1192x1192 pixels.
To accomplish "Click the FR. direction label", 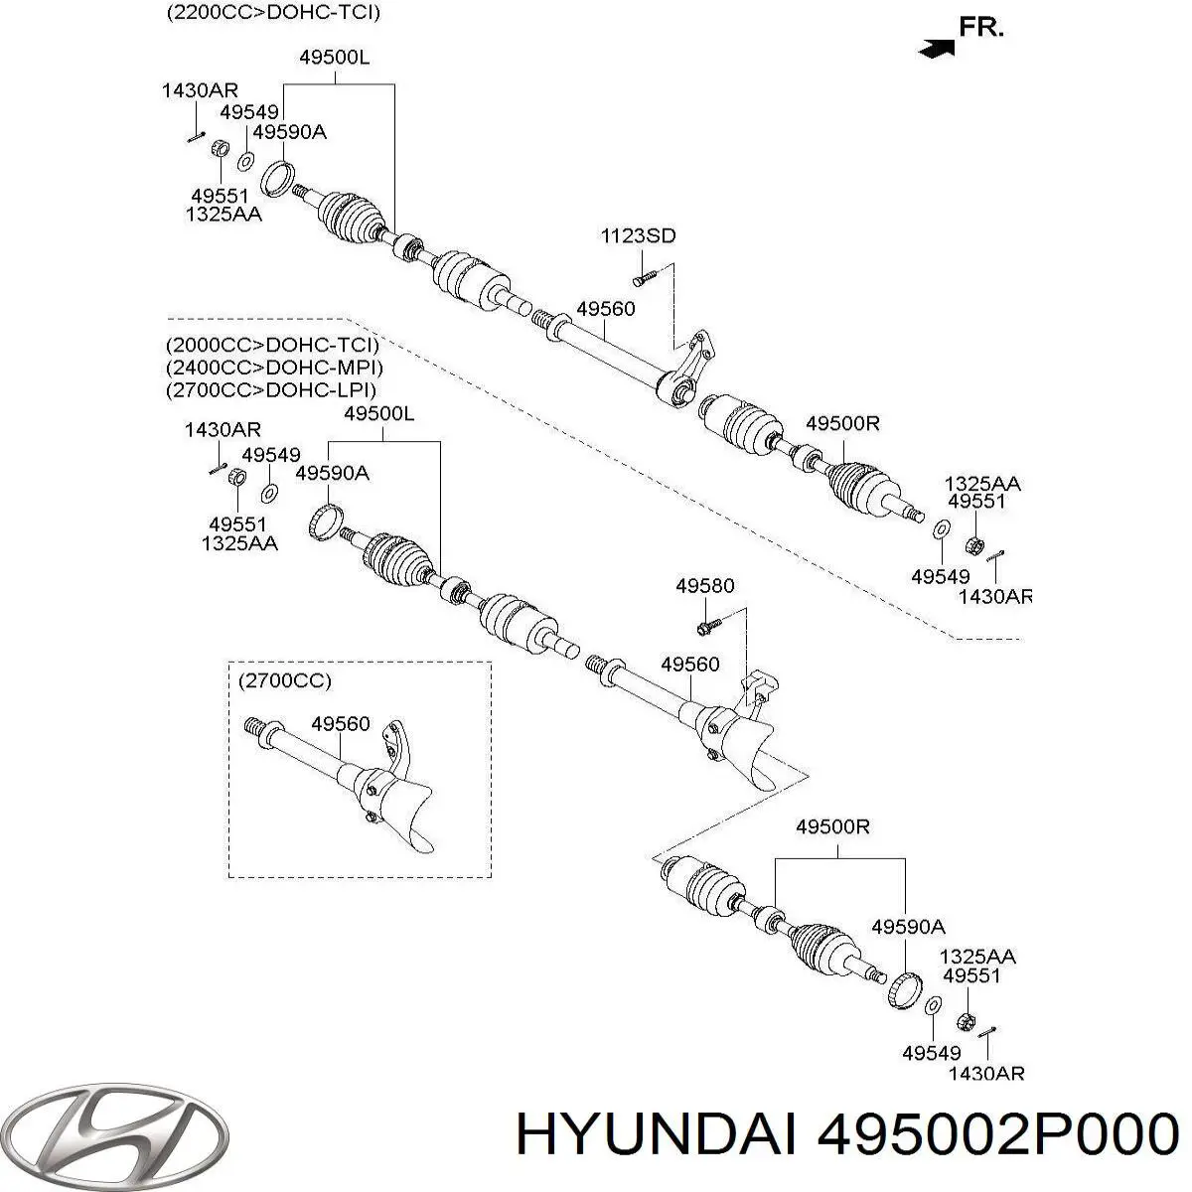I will point(981,28).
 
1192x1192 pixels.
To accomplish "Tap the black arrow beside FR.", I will point(937,47).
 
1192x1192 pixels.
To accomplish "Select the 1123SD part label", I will point(638,236).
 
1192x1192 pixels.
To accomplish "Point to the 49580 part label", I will point(705,586).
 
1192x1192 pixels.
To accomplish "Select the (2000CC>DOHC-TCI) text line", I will point(272,346).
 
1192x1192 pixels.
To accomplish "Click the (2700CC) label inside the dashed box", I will point(285,681).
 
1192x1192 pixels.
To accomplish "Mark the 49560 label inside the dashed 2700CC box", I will point(340,724).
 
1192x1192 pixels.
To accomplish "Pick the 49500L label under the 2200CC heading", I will point(334,58).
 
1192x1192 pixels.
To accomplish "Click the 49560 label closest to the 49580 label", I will point(689,665).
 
